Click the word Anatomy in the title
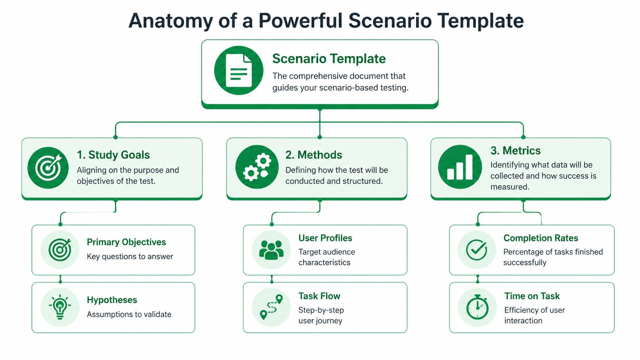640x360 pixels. tap(170, 21)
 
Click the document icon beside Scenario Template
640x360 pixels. tap(239, 70)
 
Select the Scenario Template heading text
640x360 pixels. tap(329, 59)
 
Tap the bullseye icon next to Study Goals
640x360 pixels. tap(48, 168)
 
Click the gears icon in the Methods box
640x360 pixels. tap(257, 167)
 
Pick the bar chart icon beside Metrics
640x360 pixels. tap(460, 167)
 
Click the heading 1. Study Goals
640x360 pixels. tap(113, 155)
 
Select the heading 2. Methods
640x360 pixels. tap(313, 155)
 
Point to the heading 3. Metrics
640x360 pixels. tap(515, 151)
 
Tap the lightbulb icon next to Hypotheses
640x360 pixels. tap(60, 307)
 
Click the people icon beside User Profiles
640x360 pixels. tap(271, 250)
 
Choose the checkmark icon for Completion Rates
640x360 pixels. tap(477, 250)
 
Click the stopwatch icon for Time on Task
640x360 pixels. tap(477, 307)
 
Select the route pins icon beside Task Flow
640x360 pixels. tap(271, 307)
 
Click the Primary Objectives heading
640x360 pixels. tap(126, 242)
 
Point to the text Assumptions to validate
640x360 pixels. tap(129, 314)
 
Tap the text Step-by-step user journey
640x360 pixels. tap(321, 315)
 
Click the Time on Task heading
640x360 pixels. tap(532, 296)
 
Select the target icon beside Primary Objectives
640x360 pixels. tap(60, 250)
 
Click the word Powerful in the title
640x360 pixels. tap(300, 21)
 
